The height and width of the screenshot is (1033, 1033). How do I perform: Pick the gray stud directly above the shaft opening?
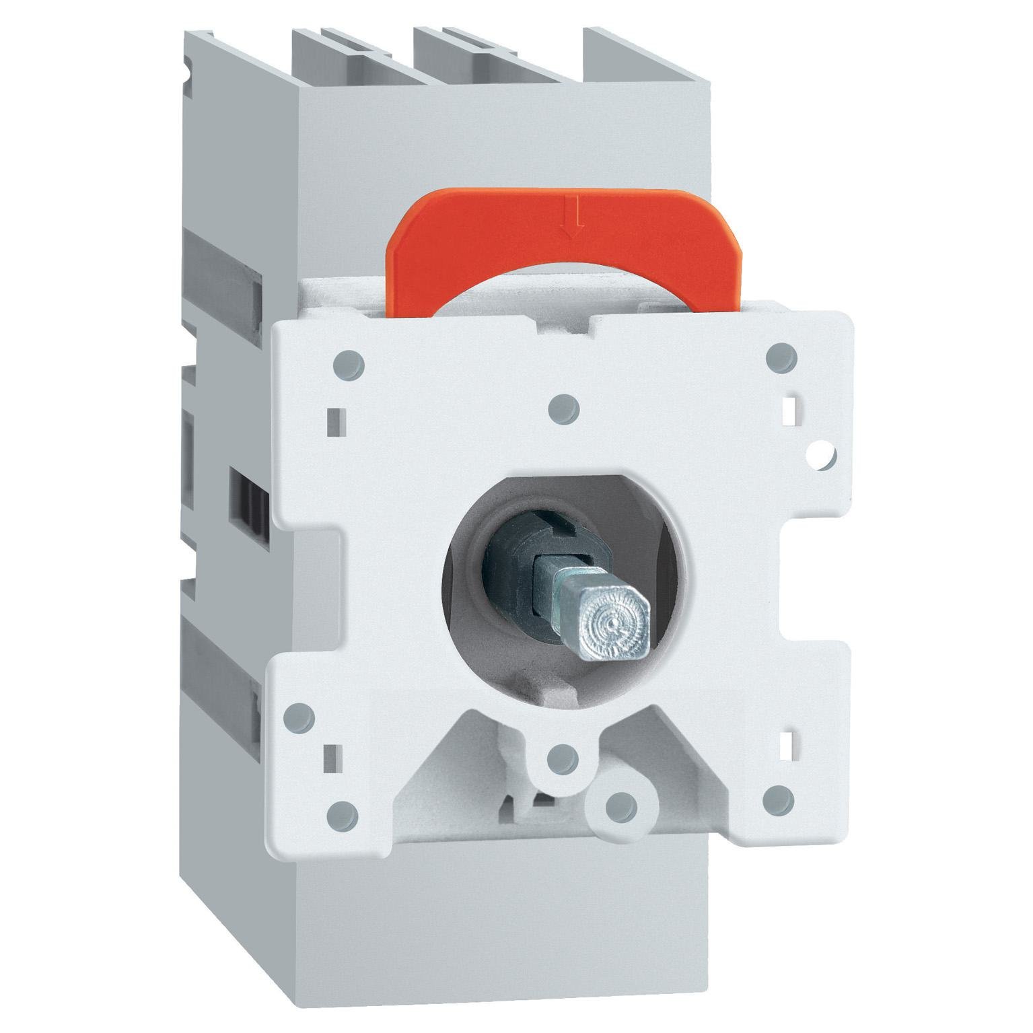[564, 406]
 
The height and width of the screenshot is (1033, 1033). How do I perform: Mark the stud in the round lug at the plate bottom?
[620, 804]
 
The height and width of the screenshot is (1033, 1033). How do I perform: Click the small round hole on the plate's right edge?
[821, 456]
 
